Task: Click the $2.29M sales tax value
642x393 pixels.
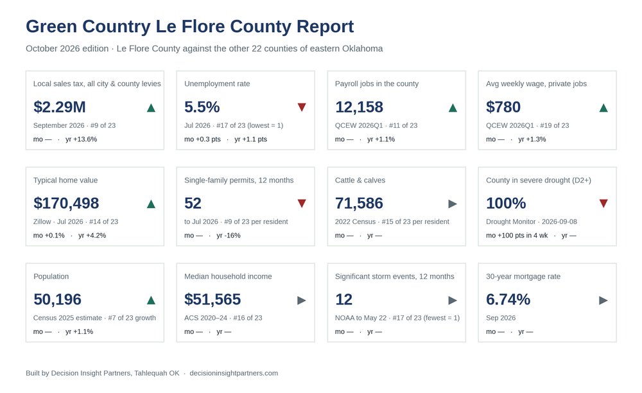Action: pyautogui.click(x=59, y=107)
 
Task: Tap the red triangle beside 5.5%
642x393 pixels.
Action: pyautogui.click(x=302, y=107)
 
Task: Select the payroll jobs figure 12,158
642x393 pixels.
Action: pyautogui.click(x=359, y=107)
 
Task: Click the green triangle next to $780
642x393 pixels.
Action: pyautogui.click(x=603, y=108)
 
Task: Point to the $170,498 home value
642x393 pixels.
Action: pyautogui.click(x=66, y=203)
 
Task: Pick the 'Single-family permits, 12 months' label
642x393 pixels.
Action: pyautogui.click(x=239, y=180)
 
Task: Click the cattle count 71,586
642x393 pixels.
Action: pyautogui.click(x=359, y=203)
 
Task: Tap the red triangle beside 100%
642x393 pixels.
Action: pyautogui.click(x=603, y=204)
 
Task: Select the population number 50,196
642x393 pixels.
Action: pyautogui.click(x=57, y=299)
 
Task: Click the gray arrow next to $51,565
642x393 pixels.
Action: pyautogui.click(x=302, y=301)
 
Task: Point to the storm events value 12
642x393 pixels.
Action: pyautogui.click(x=343, y=299)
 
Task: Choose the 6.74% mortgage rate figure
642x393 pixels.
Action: pyautogui.click(x=508, y=299)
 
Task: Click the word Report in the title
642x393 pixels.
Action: pyautogui.click(x=325, y=26)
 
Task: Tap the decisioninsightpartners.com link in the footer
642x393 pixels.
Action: pyautogui.click(x=234, y=373)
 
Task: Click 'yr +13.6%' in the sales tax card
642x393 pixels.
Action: pyautogui.click(x=81, y=139)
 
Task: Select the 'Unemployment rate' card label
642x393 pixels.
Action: pyautogui.click(x=217, y=83)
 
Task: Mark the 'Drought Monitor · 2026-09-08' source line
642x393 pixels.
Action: pyautogui.click(x=532, y=222)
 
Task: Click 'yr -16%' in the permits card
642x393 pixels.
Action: pyautogui.click(x=229, y=236)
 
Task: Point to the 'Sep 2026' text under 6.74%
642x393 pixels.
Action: pyautogui.click(x=501, y=318)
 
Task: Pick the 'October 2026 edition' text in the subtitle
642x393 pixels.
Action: pyautogui.click(x=67, y=48)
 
